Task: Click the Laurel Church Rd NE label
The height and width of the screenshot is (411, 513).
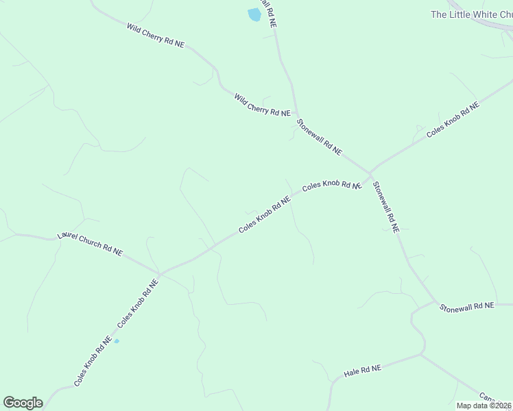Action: click(x=90, y=243)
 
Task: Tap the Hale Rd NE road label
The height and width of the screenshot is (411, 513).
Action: click(x=362, y=371)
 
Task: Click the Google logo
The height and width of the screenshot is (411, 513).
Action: click(x=23, y=403)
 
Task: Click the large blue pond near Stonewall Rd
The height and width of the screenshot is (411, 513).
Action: click(x=254, y=14)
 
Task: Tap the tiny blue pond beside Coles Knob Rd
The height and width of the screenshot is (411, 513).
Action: click(x=117, y=341)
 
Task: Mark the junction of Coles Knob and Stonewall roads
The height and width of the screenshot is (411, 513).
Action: click(x=370, y=171)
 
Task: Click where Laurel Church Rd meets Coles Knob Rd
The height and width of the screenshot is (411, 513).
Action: click(x=159, y=274)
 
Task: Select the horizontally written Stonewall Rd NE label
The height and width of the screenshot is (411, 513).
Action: click(x=467, y=306)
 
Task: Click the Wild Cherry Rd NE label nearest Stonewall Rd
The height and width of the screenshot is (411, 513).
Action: click(x=262, y=105)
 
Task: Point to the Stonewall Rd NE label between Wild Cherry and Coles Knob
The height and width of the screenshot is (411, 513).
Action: click(x=319, y=137)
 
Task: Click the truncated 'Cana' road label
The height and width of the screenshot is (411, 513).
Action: click(x=488, y=398)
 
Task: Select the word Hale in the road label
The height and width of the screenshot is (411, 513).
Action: click(x=352, y=373)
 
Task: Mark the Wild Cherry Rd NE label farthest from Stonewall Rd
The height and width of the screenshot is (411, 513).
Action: click(x=156, y=34)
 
